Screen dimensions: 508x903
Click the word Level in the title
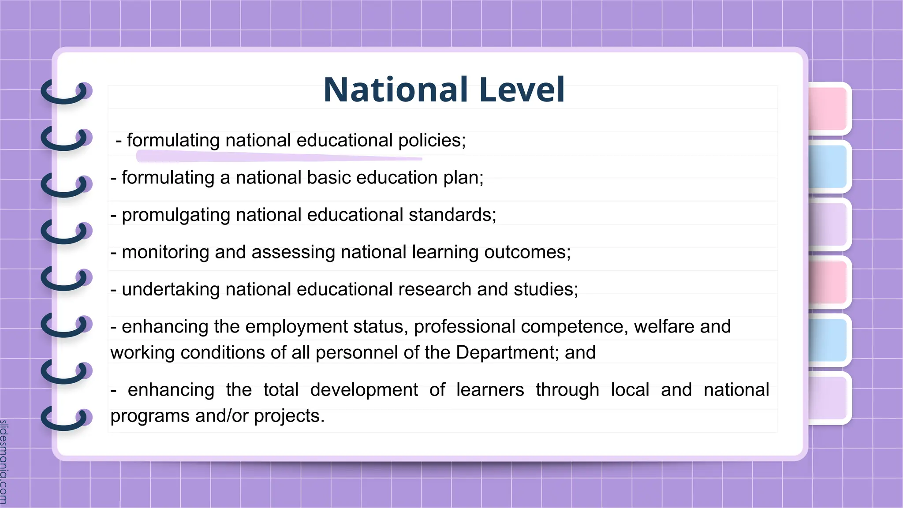tap(522, 90)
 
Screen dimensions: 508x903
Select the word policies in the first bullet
tap(432, 140)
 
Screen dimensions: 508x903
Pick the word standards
tap(452, 215)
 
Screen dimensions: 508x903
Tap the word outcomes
tap(527, 252)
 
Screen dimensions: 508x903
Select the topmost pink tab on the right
tap(828, 108)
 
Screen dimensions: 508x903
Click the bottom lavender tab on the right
tap(828, 398)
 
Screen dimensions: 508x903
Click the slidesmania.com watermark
tap(4, 461)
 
